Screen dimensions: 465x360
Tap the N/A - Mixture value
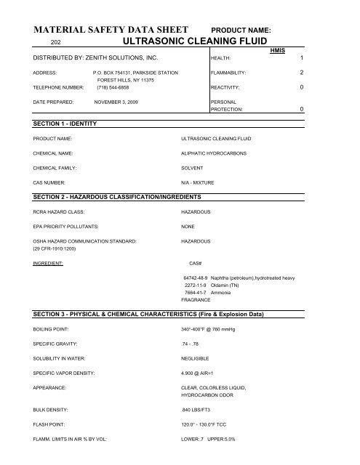200,184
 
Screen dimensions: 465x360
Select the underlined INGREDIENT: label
48,262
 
